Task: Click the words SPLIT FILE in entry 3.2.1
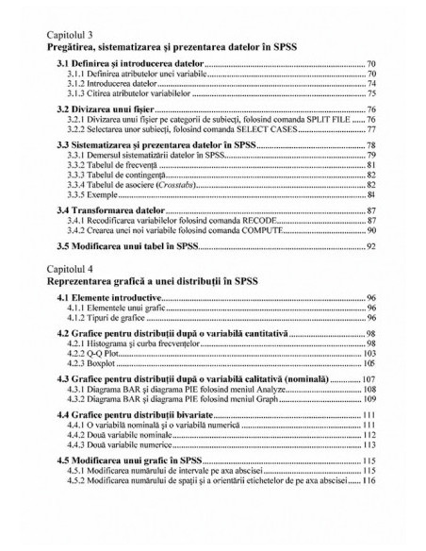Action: pos(334,122)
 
